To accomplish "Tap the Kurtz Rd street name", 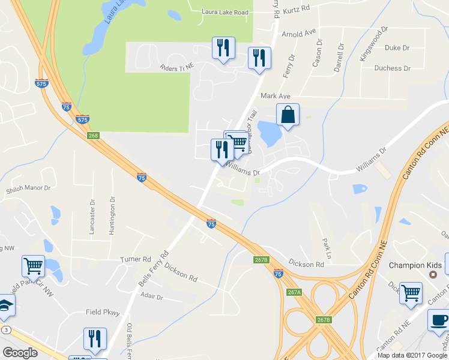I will coord(297,9).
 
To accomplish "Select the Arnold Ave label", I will coord(298,34).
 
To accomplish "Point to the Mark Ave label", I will coord(276,96).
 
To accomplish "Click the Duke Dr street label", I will coord(397,47).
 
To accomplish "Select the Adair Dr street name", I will coord(151,296).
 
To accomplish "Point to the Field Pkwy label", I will coord(103,312).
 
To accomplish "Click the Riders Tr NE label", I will coord(174,68).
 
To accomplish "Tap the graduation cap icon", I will coord(5,304).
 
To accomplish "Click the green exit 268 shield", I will coord(93,136).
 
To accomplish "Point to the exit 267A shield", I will coord(294,292).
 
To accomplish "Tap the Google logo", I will coord(20,353).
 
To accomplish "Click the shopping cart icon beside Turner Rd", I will coord(34,265).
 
